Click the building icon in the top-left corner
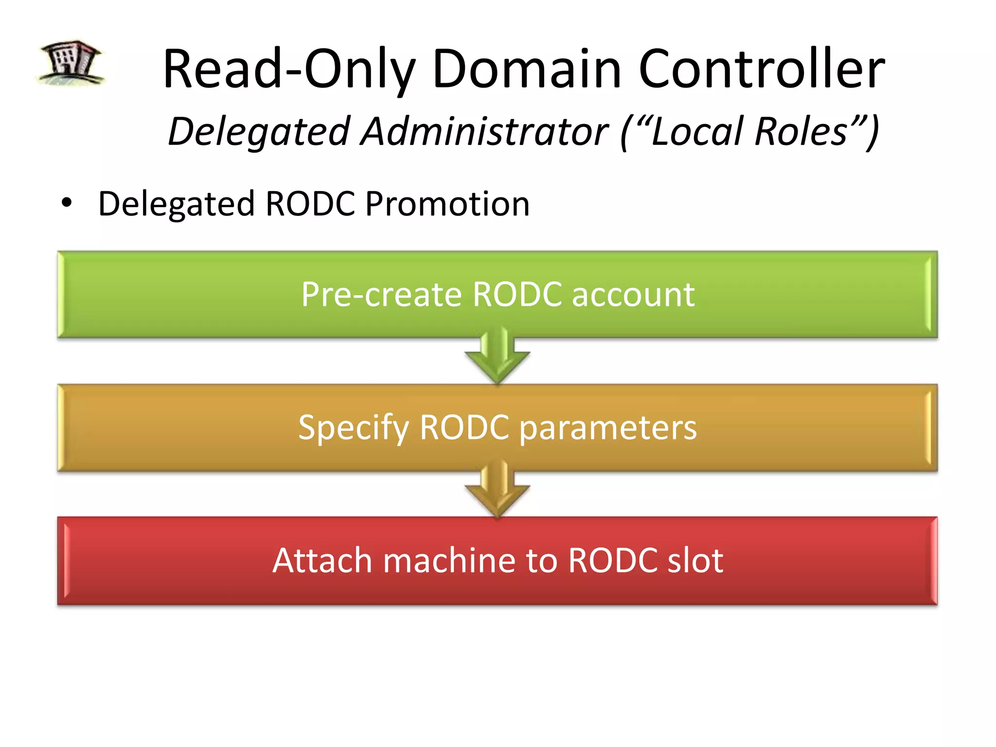point(71,63)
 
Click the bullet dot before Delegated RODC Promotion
point(67,203)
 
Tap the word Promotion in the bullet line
point(447,203)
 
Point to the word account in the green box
point(633,294)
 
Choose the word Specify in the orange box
point(353,428)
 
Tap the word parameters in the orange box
point(608,428)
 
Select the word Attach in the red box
point(322,560)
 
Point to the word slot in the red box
point(695,560)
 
